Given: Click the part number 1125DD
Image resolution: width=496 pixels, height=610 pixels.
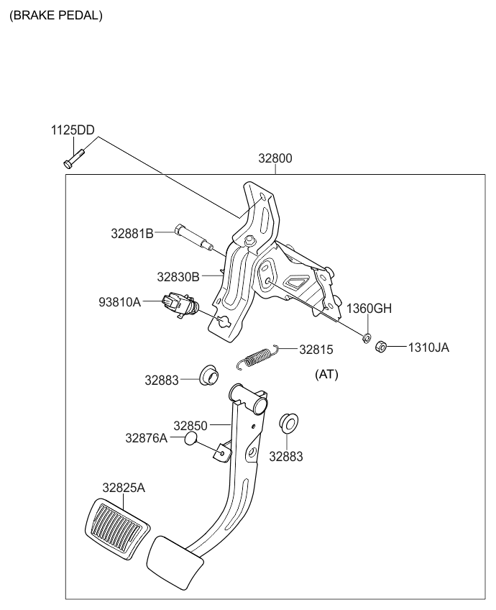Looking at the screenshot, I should (x=72, y=130).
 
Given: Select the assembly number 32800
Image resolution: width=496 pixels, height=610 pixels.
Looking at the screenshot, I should (x=276, y=159).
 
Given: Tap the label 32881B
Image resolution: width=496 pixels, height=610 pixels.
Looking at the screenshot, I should (x=132, y=233).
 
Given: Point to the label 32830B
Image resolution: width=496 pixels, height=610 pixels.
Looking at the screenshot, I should (x=179, y=276).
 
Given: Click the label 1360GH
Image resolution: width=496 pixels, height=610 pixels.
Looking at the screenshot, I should (x=369, y=309).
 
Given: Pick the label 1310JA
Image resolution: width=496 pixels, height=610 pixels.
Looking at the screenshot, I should (x=429, y=347).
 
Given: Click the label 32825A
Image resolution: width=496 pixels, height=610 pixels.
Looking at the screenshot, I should (x=123, y=488).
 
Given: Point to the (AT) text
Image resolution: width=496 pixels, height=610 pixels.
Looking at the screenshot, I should (x=326, y=375).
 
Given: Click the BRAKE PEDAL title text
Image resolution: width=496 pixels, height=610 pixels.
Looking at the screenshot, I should (x=55, y=15).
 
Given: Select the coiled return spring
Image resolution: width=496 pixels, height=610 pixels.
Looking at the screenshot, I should (x=257, y=356).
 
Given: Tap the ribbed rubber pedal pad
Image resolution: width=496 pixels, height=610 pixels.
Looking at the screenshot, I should (x=117, y=527).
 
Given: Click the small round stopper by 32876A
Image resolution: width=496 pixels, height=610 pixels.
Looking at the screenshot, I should (x=191, y=438).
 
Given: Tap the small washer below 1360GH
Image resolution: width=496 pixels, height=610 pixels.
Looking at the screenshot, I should (x=366, y=337).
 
